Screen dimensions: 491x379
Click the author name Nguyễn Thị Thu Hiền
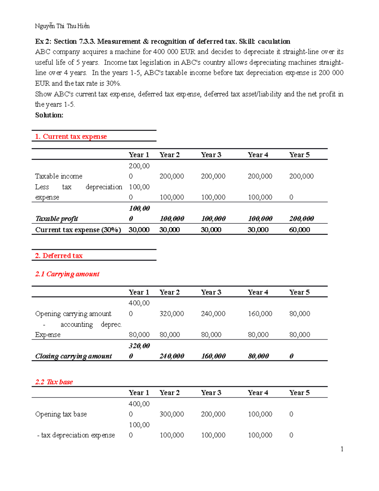pyautogui.click(x=62, y=26)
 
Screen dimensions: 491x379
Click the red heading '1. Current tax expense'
pyautogui.click(x=71, y=137)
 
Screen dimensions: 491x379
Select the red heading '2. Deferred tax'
pyautogui.click(x=59, y=256)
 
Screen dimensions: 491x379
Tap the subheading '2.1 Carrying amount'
pyautogui.click(x=67, y=274)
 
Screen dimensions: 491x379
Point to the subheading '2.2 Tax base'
pyautogui.click(x=54, y=382)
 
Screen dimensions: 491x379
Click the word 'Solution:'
pyautogui.click(x=49, y=115)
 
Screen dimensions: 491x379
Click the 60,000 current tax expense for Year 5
pyautogui.click(x=299, y=230)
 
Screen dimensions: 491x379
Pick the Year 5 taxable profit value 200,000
pyautogui.click(x=301, y=219)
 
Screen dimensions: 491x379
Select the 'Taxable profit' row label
pyautogui.click(x=57, y=219)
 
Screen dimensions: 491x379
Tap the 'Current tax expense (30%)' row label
pyautogui.click(x=78, y=230)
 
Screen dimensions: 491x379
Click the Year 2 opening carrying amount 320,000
pyautogui.click(x=171, y=314)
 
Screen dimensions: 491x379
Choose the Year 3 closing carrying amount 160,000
pyautogui.click(x=213, y=356)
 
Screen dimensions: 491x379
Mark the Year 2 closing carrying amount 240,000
pyautogui.click(x=171, y=356)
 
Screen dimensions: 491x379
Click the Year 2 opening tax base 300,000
pyautogui.click(x=171, y=414)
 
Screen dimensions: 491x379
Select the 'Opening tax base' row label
pyautogui.click(x=61, y=414)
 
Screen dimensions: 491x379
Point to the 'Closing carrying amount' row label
pyautogui.click(x=73, y=356)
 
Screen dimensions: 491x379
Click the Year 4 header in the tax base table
pyautogui.click(x=258, y=393)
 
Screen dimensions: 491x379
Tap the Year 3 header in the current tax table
pyautogui.click(x=211, y=155)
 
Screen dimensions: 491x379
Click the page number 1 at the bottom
pyautogui.click(x=342, y=449)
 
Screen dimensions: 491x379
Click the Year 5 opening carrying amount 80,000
pyautogui.click(x=299, y=314)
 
